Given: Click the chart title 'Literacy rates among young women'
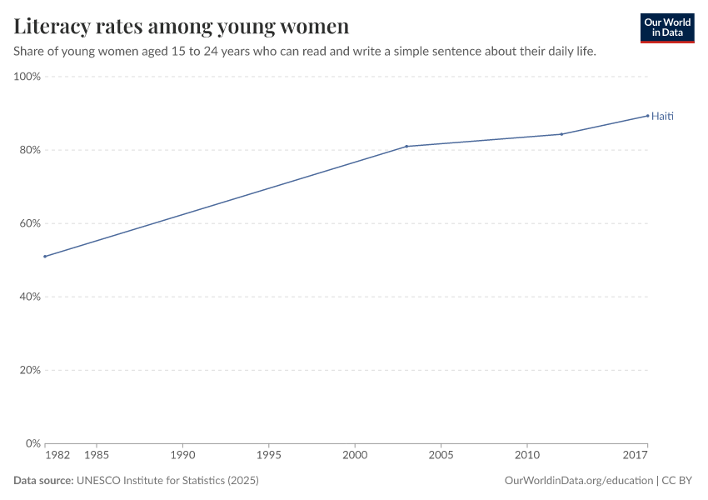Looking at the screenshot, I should (x=181, y=26).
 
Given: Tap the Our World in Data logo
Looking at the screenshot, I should (x=666, y=27).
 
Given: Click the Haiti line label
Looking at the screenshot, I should (x=662, y=116).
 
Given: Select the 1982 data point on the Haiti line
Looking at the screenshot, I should (x=45, y=257).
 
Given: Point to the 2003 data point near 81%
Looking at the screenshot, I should (x=406, y=147).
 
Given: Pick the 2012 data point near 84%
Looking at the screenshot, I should (x=561, y=134).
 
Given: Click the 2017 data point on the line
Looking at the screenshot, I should (x=647, y=116).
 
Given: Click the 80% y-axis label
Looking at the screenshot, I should (x=30, y=150).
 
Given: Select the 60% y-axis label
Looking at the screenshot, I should (x=30, y=223).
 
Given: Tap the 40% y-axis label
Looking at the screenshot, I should (x=30, y=297).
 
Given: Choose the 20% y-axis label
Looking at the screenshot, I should (x=30, y=370).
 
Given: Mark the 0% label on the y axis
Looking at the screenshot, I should (x=33, y=443).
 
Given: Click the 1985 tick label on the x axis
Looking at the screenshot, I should (x=97, y=456).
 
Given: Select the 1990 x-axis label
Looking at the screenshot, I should (x=182, y=456).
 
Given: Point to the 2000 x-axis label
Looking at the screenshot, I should (x=355, y=456).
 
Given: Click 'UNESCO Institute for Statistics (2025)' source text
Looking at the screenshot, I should (x=167, y=481).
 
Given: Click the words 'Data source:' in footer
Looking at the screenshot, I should (x=43, y=481).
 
